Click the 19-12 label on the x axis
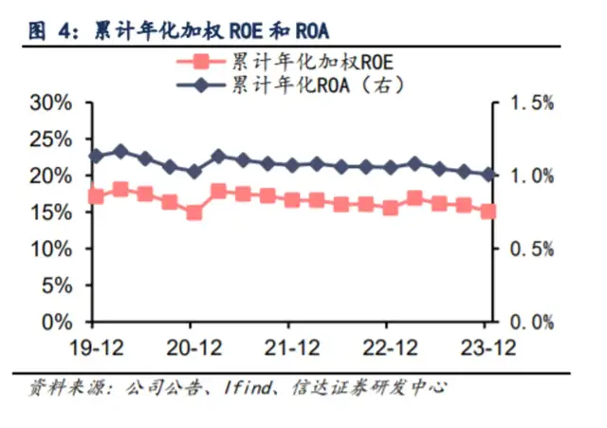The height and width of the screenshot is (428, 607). [95, 347]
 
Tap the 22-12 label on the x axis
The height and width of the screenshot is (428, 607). [390, 347]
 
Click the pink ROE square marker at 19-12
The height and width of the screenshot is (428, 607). [96, 196]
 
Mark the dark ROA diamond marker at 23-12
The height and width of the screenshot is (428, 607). [488, 175]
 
